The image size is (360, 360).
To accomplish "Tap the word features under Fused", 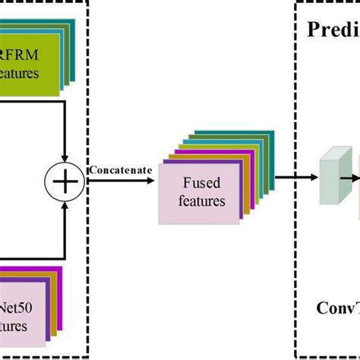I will point(203,201).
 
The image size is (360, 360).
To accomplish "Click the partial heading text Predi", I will point(332,30).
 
